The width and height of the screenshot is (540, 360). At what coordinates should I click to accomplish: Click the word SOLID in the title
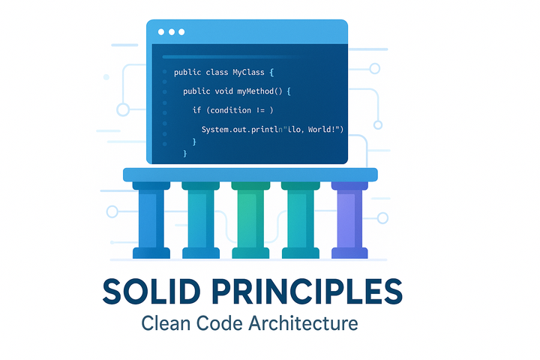151,292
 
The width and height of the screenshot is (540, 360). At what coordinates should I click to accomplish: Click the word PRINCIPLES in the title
307,292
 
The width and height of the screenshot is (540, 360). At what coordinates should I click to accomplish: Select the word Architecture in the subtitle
304,323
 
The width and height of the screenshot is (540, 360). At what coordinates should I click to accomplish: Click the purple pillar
349,220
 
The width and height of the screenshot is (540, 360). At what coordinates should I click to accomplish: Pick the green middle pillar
250,220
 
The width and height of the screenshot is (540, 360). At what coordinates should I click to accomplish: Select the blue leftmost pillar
151,220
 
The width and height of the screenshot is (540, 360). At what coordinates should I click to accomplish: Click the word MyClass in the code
249,72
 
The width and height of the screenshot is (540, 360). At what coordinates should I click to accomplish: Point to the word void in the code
223,91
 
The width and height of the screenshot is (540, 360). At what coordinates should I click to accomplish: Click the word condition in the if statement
230,110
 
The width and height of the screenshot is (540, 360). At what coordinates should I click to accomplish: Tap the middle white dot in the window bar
172,32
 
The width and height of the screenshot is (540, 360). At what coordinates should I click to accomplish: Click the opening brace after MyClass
271,72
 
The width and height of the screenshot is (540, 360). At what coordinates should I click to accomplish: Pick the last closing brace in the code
185,153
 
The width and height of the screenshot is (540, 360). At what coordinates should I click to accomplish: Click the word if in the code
196,110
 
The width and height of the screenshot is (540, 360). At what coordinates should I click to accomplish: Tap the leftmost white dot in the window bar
161,32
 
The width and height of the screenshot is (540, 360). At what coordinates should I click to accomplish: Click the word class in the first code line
217,72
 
